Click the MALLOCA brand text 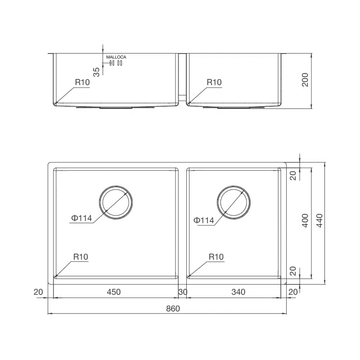pyautogui.click(x=116, y=57)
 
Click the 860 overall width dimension pyautogui.click(x=173, y=309)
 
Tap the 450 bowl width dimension pyautogui.click(x=114, y=292)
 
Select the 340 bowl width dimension pyautogui.click(x=238, y=292)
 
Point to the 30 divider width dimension pyautogui.click(x=183, y=292)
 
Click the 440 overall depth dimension pyautogui.click(x=319, y=220)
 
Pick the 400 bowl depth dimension pyautogui.click(x=305, y=220)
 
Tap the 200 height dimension pyautogui.click(x=305, y=80)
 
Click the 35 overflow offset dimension pyautogui.click(x=96, y=72)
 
